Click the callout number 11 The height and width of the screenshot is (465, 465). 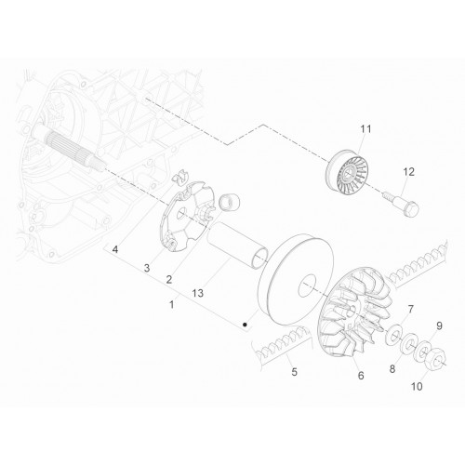coord(365,128)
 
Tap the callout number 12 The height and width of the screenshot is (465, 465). coord(408,172)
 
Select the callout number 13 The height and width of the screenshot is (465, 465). coord(197,293)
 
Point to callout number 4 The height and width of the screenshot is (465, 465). coord(115,249)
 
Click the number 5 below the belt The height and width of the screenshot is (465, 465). coord(294,371)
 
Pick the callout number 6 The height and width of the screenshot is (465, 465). coord(361,376)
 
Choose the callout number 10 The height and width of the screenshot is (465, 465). coord(417,387)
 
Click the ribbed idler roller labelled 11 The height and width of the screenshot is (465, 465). coord(348,173)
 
